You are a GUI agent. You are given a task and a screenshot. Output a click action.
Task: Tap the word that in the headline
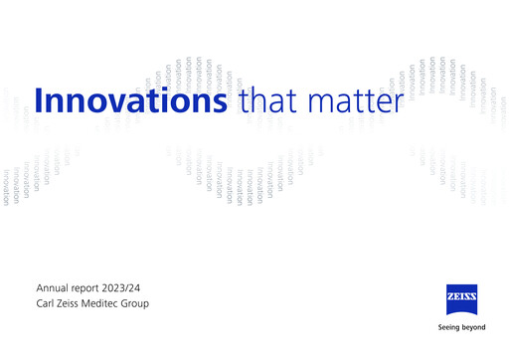(x=264, y=101)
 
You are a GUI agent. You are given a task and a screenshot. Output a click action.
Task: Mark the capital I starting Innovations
(x=39, y=101)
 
